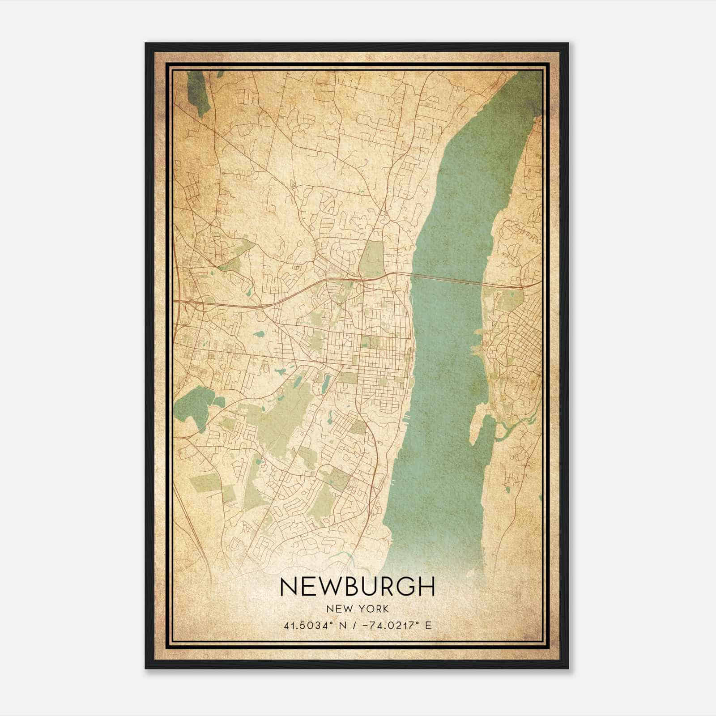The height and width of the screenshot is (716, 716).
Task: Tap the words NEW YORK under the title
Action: pos(357,609)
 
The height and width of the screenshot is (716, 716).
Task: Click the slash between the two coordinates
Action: pos(354,626)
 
